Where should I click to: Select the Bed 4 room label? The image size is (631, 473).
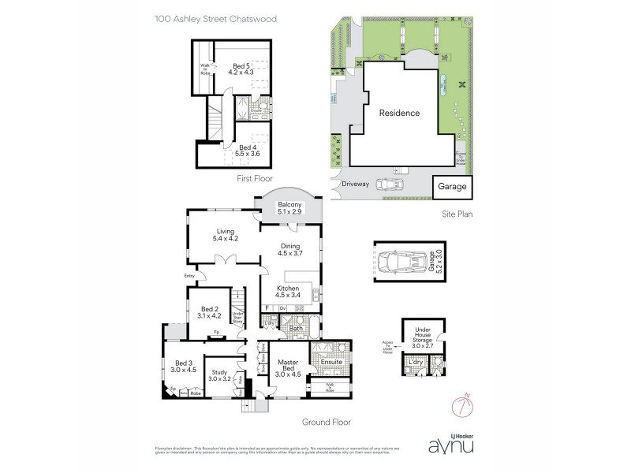[248, 151]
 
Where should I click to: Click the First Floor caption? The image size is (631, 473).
[255, 179]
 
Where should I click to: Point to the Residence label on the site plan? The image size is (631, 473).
[399, 113]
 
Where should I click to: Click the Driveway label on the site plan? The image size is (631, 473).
[355, 184]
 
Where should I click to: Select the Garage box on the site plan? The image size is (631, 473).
[452, 187]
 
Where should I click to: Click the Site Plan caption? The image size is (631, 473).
[456, 213]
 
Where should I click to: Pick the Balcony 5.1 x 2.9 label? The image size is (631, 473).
[291, 208]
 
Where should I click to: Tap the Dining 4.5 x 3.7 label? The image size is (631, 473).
[291, 250]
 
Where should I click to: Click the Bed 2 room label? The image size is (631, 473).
[209, 313]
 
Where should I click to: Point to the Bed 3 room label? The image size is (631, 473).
[184, 366]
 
